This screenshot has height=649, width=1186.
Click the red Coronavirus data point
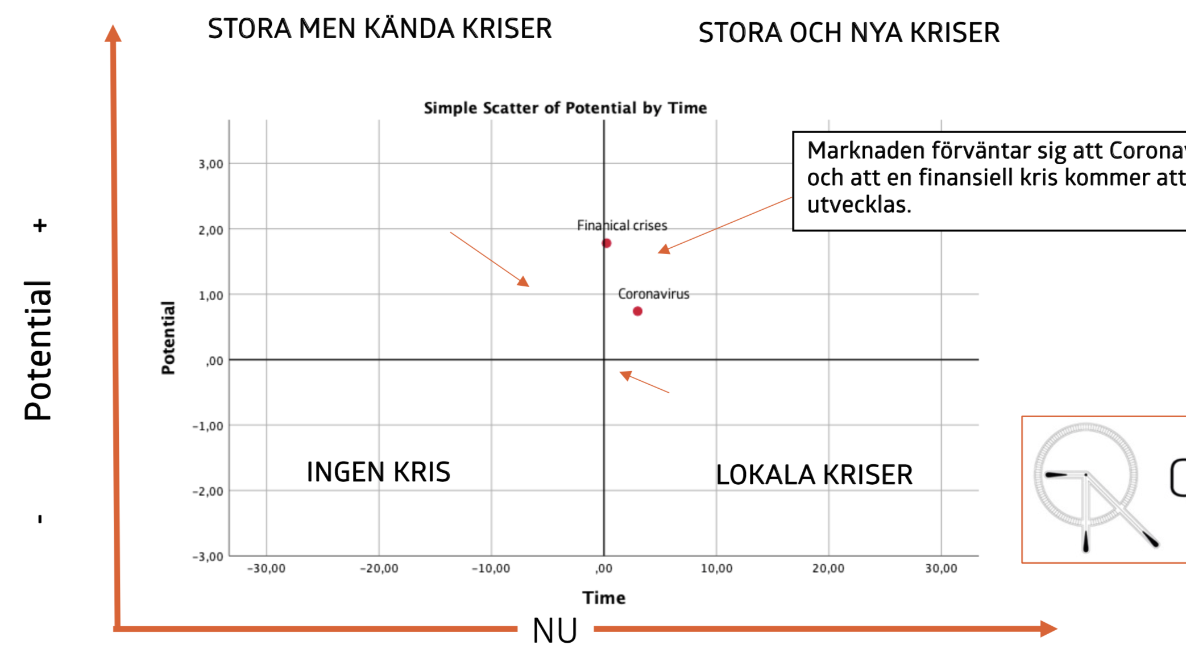637,311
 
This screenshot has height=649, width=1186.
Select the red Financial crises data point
607,243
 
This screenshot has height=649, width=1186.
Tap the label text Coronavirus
653,294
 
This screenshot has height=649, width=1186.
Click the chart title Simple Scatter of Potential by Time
565,108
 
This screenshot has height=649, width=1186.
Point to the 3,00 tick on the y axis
211,164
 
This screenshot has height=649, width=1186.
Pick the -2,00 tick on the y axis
208,491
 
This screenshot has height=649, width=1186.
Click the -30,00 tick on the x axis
266,568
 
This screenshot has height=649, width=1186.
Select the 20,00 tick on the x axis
828,568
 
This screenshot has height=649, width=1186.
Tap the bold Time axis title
604,598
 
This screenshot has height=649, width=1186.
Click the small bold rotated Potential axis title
168,338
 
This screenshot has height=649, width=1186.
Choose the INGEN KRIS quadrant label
378,472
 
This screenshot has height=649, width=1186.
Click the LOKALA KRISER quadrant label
814,475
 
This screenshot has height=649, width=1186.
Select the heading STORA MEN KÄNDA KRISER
380,29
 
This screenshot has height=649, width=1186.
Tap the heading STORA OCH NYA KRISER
849,33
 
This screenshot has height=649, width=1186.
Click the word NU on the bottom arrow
555,630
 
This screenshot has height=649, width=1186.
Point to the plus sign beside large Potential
40,226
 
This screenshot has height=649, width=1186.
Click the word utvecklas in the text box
859,205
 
